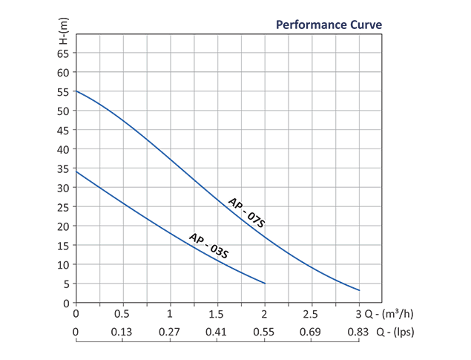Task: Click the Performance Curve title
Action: coord(329,24)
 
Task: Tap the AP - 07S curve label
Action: coord(246,214)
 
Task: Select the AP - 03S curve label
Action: coord(208,246)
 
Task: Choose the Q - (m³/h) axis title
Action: coord(393,314)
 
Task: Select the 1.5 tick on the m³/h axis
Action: coord(217,314)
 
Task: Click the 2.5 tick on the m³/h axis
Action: coord(312,314)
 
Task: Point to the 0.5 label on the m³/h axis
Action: coord(122,314)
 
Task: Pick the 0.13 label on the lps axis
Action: coord(122,333)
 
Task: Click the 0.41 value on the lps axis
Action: coord(217,333)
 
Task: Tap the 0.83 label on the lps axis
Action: coord(359,333)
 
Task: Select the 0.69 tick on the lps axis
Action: coord(312,333)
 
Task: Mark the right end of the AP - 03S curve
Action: coord(265,284)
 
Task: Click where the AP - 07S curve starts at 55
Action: coord(76,91)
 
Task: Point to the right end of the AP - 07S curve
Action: coord(360,290)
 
